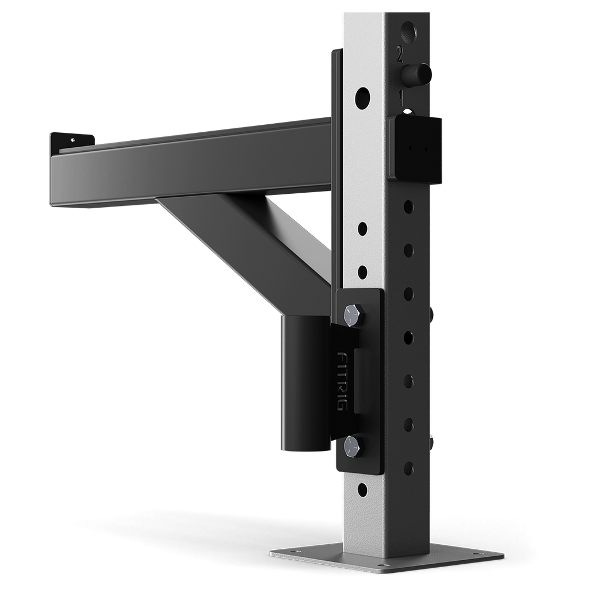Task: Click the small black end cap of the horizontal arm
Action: click(x=70, y=140)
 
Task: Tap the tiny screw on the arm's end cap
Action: click(x=73, y=139)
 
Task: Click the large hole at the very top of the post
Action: click(x=408, y=29)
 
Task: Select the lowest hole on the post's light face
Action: click(x=362, y=490)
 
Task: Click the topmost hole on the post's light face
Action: click(x=362, y=98)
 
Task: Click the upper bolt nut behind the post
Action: click(x=431, y=313)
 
